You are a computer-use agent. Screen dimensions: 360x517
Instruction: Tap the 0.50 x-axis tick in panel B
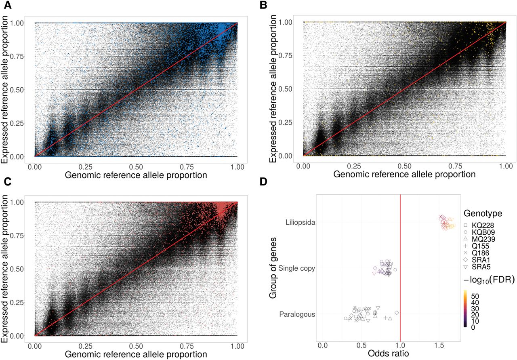tap(404, 165)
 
